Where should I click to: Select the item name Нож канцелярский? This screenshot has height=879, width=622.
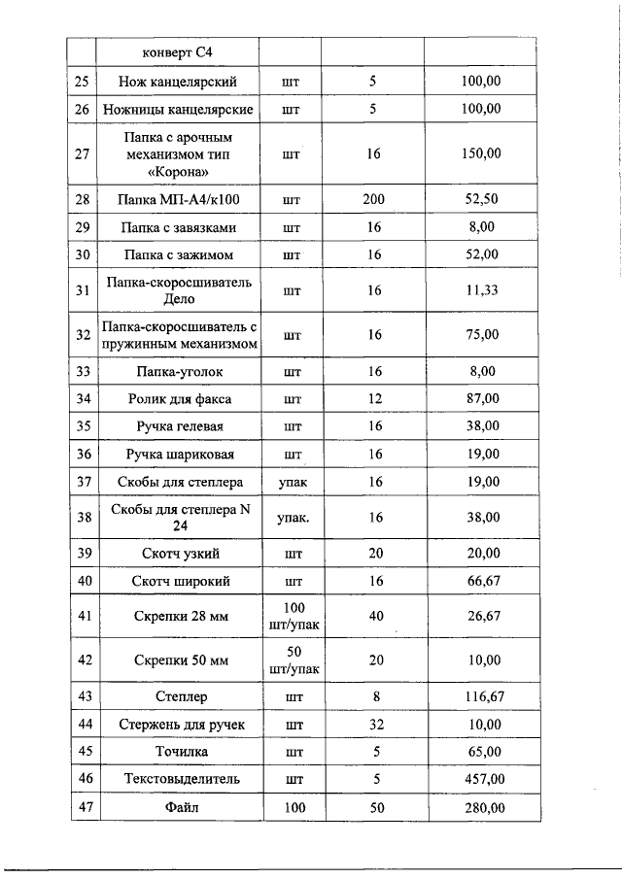pyautogui.click(x=179, y=82)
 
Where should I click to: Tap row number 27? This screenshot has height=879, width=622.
pyautogui.click(x=83, y=153)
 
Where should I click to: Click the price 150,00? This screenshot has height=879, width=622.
pyautogui.click(x=481, y=153)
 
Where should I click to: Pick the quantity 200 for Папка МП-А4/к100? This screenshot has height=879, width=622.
pyautogui.click(x=373, y=199)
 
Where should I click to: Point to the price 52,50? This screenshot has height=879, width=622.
pyautogui.click(x=481, y=199)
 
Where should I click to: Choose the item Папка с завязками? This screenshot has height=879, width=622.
pyautogui.click(x=179, y=227)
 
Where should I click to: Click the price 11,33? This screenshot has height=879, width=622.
pyautogui.click(x=481, y=289)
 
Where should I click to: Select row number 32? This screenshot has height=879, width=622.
pyautogui.click(x=83, y=335)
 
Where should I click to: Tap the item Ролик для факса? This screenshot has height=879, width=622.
pyautogui.click(x=179, y=398)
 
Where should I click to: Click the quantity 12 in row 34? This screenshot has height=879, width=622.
pyautogui.click(x=373, y=398)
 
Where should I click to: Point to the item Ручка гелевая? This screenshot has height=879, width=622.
pyautogui.click(x=179, y=425)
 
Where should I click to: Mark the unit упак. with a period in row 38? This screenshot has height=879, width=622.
pyautogui.click(x=292, y=518)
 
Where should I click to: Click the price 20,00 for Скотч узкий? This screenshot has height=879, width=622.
pyautogui.click(x=481, y=554)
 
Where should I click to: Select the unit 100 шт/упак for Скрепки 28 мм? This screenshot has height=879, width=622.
pyautogui.click(x=292, y=615)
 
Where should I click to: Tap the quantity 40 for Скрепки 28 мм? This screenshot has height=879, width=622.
pyautogui.click(x=373, y=615)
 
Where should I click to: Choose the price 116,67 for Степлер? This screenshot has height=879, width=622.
pyautogui.click(x=481, y=696)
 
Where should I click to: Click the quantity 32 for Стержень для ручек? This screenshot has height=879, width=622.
pyautogui.click(x=373, y=725)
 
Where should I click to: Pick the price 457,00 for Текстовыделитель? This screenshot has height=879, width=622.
pyautogui.click(x=481, y=779)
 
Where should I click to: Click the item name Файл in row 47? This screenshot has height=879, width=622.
pyautogui.click(x=179, y=807)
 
